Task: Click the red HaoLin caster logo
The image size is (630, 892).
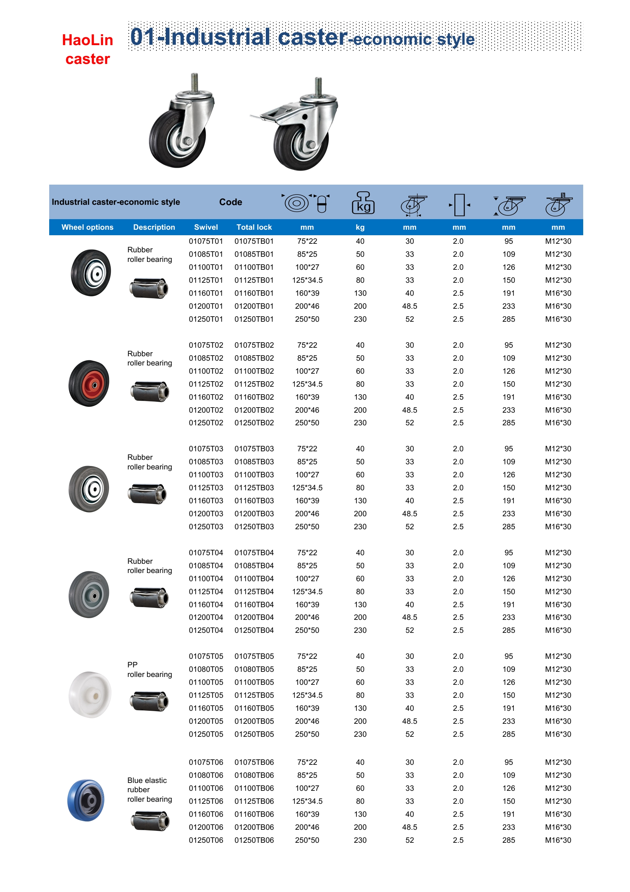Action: [87, 49]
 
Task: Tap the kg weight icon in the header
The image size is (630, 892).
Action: [363, 203]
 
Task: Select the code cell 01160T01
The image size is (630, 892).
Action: [206, 293]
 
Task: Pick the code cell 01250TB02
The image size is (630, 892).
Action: [254, 423]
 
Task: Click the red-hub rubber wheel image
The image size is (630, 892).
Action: [89, 384]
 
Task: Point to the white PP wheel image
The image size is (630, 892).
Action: [90, 695]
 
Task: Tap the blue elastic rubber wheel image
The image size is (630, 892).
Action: [86, 800]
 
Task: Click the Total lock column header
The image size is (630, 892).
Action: [254, 227]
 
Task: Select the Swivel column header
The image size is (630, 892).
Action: [206, 227]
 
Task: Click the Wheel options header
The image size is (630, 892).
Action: [87, 227]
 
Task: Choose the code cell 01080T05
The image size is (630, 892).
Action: [206, 669]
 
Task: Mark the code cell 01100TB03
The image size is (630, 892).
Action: [254, 475]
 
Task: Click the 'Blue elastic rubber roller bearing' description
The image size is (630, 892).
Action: [149, 790]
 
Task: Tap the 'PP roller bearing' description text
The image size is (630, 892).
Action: [149, 670]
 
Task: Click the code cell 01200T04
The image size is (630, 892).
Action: [206, 617]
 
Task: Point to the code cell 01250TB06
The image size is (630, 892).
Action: [254, 840]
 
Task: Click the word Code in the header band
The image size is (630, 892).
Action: [231, 202]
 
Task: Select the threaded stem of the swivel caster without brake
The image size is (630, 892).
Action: [194, 82]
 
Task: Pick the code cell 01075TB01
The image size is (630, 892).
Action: [254, 241]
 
